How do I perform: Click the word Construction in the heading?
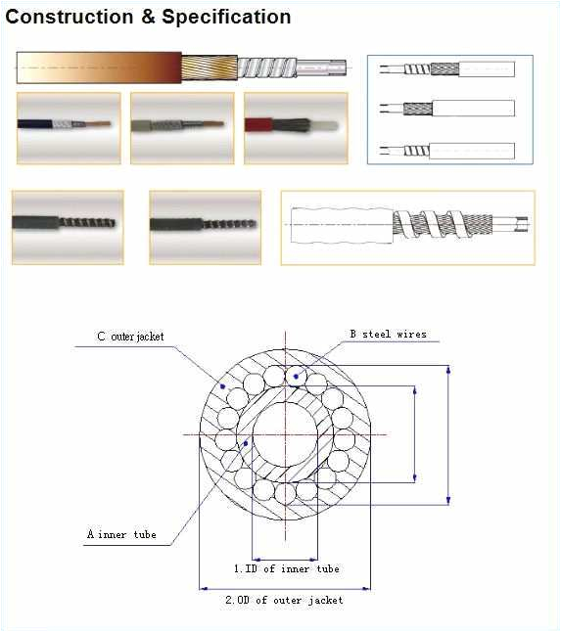[x=70, y=17]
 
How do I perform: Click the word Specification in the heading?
[x=226, y=18]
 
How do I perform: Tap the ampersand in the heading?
[x=148, y=18]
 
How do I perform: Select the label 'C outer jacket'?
[x=130, y=337]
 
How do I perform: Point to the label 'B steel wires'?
[x=388, y=335]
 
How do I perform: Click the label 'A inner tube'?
[x=121, y=534]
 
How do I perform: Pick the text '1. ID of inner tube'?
[x=286, y=568]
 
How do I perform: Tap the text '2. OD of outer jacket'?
[x=284, y=600]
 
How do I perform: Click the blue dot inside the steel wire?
[x=296, y=377]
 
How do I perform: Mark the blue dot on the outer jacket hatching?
[x=222, y=386]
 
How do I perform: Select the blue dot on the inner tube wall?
[x=246, y=444]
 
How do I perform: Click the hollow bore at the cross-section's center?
[x=285, y=435]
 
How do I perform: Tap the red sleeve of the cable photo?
[x=258, y=125]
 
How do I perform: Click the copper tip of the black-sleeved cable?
[x=97, y=123]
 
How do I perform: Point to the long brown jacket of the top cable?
[x=99, y=68]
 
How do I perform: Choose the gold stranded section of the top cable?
[x=210, y=68]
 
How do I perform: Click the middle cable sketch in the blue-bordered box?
[x=447, y=108]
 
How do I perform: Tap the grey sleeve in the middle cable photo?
[x=141, y=126]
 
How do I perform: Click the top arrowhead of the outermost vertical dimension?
[x=448, y=369]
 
